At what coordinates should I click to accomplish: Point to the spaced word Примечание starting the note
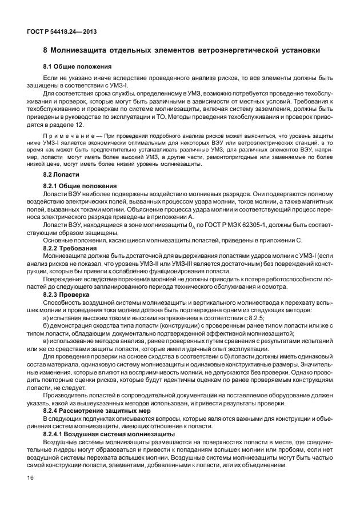tap(67, 136)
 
